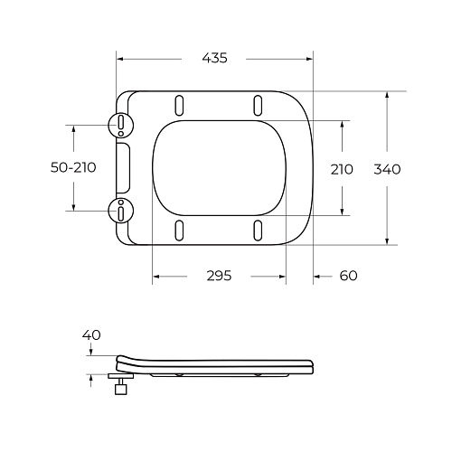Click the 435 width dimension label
[214, 58]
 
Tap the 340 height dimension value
[387, 169]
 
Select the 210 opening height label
[342, 169]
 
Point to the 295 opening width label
[219, 276]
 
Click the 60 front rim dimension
[349, 276]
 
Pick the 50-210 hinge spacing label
[73, 167]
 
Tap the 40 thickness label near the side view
[91, 334]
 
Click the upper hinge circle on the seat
[121, 125]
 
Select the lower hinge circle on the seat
[121, 211]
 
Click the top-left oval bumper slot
[179, 105]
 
